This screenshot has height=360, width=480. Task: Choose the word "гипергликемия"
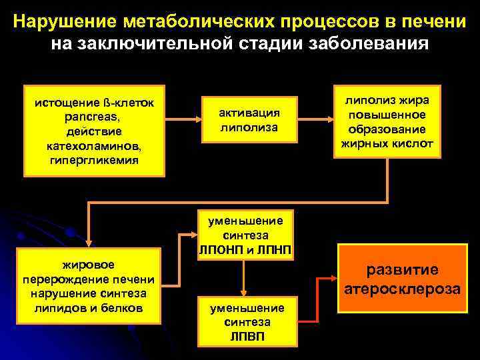pyautogui.click(x=94, y=160)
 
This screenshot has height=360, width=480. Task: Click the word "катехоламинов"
pyautogui.click(x=94, y=145)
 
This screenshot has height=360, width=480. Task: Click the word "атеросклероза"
pyautogui.click(x=401, y=289)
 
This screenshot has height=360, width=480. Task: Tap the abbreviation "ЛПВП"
pyautogui.click(x=247, y=336)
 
